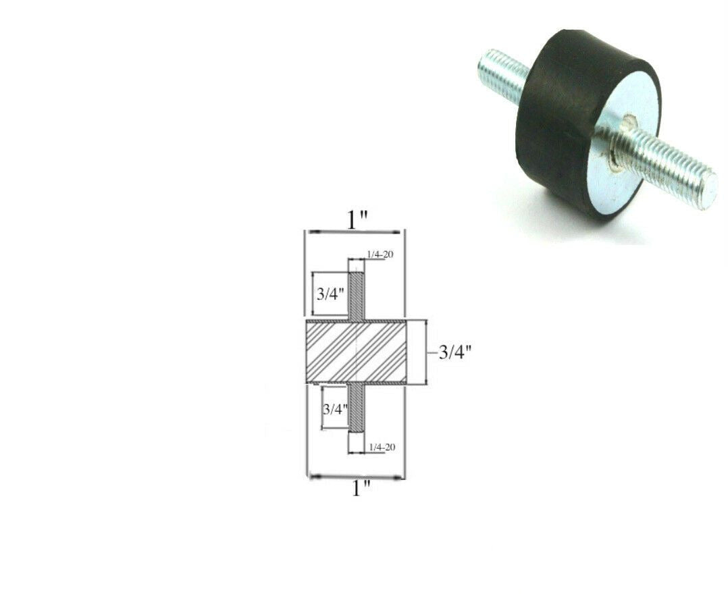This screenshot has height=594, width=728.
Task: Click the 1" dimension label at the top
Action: click(x=358, y=221)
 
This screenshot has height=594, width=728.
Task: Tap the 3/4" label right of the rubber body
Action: click(x=454, y=352)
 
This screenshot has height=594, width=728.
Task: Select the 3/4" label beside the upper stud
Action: click(x=331, y=294)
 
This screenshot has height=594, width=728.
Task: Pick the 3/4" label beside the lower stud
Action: click(x=335, y=409)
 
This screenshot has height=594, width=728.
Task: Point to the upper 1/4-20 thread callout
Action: click(x=380, y=254)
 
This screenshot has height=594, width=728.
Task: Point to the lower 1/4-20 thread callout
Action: click(x=382, y=447)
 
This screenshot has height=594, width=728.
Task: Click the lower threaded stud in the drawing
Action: click(x=357, y=408)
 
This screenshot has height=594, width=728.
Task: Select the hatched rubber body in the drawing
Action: click(x=356, y=352)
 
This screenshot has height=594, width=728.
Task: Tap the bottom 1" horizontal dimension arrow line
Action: click(x=357, y=477)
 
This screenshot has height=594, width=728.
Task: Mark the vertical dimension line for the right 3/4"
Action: click(x=426, y=352)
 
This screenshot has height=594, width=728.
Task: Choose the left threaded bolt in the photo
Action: click(x=503, y=71)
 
